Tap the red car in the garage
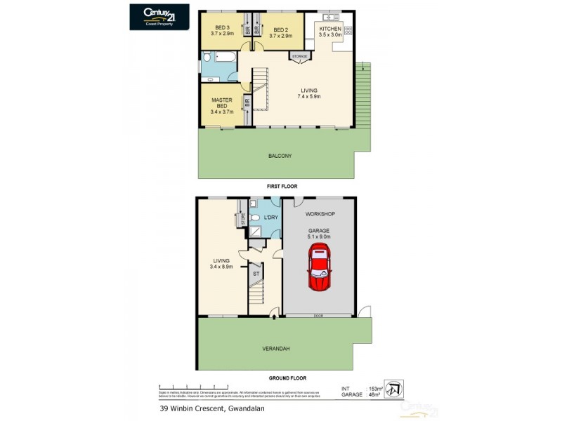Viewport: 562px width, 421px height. (319, 267)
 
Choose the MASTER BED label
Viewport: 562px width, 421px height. (223, 105)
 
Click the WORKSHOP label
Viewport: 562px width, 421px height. (319, 213)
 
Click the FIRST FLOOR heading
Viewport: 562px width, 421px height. (281, 187)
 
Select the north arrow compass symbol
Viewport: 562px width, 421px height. (395, 389)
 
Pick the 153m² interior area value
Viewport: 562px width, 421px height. (375, 389)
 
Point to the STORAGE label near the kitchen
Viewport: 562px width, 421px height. (301, 55)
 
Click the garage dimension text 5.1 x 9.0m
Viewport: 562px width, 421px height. (319, 237)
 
